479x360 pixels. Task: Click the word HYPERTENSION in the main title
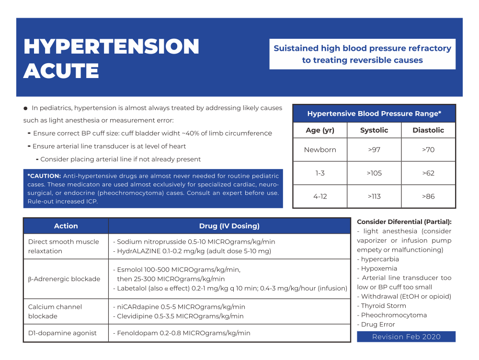pyautogui.click(x=111, y=47)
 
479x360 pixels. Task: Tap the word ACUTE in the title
pyautogui.click(x=61, y=71)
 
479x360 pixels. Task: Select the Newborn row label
pyautogui.click(x=320, y=150)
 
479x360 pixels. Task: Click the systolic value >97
pyautogui.click(x=374, y=150)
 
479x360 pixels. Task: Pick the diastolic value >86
pyautogui.click(x=428, y=196)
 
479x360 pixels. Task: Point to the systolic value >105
pyautogui.click(x=374, y=173)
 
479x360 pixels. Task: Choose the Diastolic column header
pyautogui.click(x=428, y=130)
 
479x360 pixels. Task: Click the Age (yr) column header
pyautogui.click(x=320, y=130)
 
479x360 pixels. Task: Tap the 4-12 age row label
pyautogui.click(x=320, y=196)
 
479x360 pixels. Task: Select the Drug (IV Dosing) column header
pyautogui.click(x=229, y=226)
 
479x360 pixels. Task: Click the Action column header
pyautogui.click(x=66, y=226)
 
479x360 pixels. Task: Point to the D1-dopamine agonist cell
pyautogui.click(x=62, y=333)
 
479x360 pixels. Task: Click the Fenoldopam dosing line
pyautogui.click(x=181, y=333)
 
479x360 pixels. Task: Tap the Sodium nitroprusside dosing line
pyautogui.click(x=194, y=242)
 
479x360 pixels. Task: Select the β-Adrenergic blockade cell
pyautogui.click(x=64, y=279)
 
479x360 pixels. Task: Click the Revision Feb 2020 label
pyautogui.click(x=406, y=337)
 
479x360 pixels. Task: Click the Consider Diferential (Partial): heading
pyautogui.click(x=404, y=222)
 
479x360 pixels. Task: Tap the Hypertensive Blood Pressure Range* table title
pyautogui.click(x=374, y=114)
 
